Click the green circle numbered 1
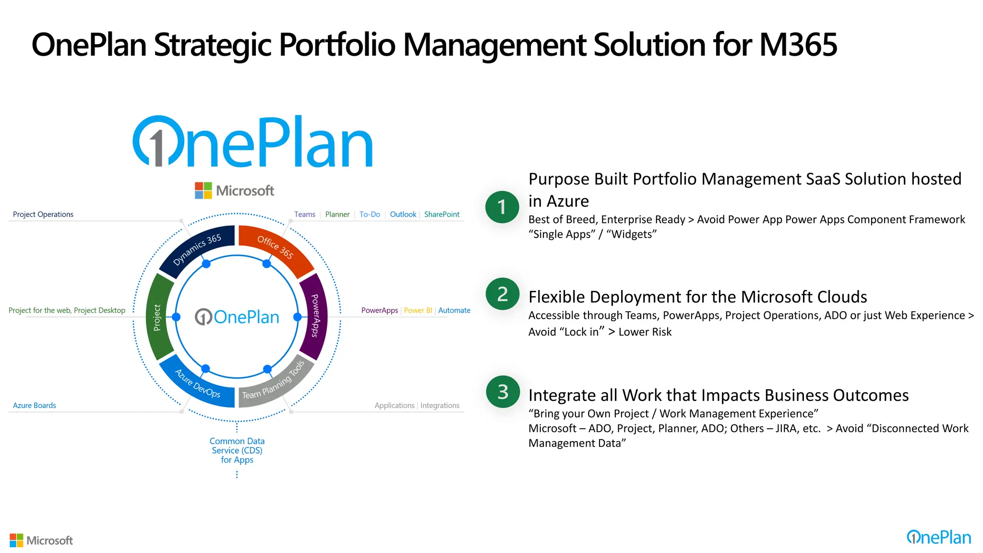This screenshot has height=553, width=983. (502, 207)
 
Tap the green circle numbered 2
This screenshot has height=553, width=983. (502, 294)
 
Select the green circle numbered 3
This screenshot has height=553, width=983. (503, 392)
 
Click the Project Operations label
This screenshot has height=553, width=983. (43, 214)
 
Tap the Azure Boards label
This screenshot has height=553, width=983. (34, 405)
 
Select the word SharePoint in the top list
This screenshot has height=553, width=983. (442, 214)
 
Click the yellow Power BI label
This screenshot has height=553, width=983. (418, 310)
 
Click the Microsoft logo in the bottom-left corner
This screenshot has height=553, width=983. (41, 540)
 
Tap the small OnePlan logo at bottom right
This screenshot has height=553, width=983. (938, 537)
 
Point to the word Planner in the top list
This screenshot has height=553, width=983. (337, 214)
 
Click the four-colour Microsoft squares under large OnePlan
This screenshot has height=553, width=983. (203, 191)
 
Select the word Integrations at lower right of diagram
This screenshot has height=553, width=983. (440, 405)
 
